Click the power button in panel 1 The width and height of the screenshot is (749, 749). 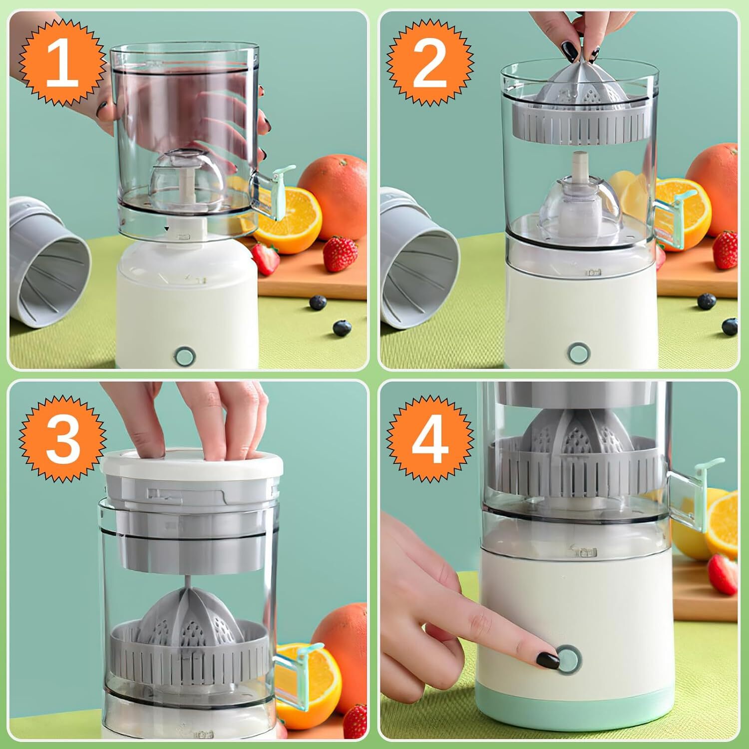184,356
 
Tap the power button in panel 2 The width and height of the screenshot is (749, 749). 578,352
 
